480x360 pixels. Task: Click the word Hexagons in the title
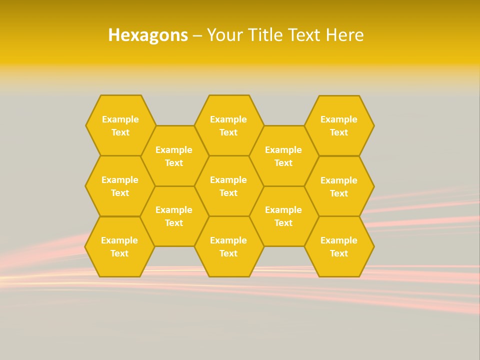coord(148,35)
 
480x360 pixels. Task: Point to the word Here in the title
coord(344,35)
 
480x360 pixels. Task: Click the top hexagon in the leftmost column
coord(120,125)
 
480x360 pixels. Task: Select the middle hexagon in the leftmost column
coord(120,186)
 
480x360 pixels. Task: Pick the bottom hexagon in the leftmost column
coord(119,246)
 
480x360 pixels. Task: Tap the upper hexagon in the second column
coord(174,156)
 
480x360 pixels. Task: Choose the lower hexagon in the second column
coord(174,216)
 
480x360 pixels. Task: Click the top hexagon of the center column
coord(228,125)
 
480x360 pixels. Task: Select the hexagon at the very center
coord(228,186)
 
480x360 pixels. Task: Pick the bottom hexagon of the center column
coord(228,246)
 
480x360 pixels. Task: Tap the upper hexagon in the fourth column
coord(283,156)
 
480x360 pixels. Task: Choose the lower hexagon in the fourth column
coord(283,216)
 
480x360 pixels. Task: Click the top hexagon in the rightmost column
coord(339,125)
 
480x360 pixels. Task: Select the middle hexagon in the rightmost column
coord(339,186)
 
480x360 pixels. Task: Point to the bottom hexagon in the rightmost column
coord(339,246)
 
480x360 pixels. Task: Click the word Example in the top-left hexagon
coord(120,119)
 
